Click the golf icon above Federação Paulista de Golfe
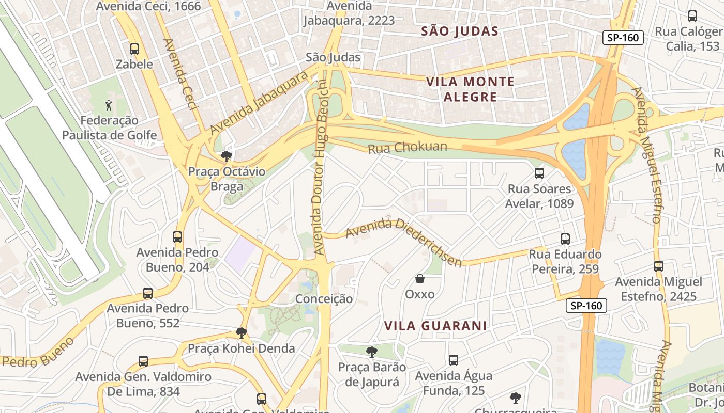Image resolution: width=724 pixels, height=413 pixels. point(108,105)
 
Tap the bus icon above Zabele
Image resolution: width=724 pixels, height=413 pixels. point(134,49)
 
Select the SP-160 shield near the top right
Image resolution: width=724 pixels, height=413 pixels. point(623,37)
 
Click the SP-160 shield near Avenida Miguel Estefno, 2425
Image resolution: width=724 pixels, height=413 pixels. point(586,306)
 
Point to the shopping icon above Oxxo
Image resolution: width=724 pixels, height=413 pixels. point(420,279)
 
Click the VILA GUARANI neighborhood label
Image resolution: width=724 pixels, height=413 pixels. point(436,326)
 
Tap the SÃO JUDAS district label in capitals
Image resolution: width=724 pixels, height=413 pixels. point(460,31)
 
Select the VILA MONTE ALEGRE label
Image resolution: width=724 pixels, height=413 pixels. point(470,89)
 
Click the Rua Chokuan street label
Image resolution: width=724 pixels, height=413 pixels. point(407,148)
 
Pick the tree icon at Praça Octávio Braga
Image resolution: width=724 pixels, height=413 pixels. point(226,156)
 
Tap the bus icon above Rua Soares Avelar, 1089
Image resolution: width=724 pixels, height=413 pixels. point(539,173)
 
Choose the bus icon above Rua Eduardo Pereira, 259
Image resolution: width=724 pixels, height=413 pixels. point(565,239)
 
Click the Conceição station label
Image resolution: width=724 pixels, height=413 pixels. point(324,299)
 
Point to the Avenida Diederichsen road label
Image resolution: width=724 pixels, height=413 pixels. point(403,241)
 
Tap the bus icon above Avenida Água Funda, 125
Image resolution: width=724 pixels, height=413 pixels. point(454,360)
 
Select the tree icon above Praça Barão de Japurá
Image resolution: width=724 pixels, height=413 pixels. point(371,352)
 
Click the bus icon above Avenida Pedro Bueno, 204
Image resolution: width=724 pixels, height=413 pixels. point(177,237)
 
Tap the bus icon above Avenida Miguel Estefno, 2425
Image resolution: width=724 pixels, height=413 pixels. point(658,266)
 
